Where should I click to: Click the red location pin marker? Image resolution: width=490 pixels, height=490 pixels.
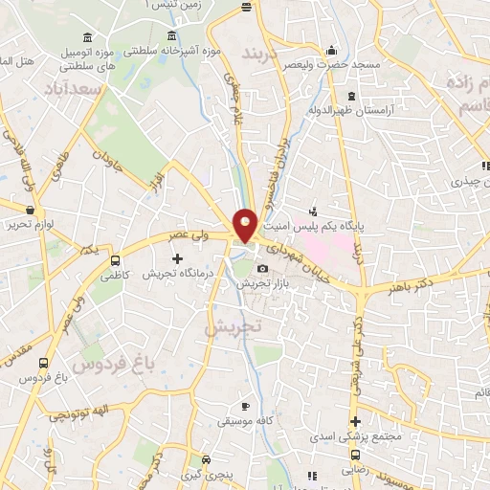(x=246, y=224)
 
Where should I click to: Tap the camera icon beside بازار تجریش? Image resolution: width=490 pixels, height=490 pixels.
(x=262, y=270)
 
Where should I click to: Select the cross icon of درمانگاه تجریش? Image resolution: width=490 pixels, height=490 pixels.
(x=177, y=258)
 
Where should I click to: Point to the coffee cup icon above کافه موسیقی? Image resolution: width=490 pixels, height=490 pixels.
(x=247, y=406)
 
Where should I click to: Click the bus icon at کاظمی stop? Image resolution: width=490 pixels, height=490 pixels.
(x=116, y=259)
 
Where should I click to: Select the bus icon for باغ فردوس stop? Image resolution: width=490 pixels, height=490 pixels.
(x=43, y=363)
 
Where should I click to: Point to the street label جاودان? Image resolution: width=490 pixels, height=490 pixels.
(x=109, y=155)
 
